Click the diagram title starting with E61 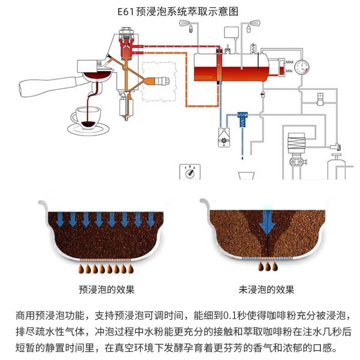178,12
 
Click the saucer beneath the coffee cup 88,128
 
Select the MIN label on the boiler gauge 289,71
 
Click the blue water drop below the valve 242,156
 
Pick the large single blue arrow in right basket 267,220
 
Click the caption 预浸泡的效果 107,289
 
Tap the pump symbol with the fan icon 222,140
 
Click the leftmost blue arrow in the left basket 60,219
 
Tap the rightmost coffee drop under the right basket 275,267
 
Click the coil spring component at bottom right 296,143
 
